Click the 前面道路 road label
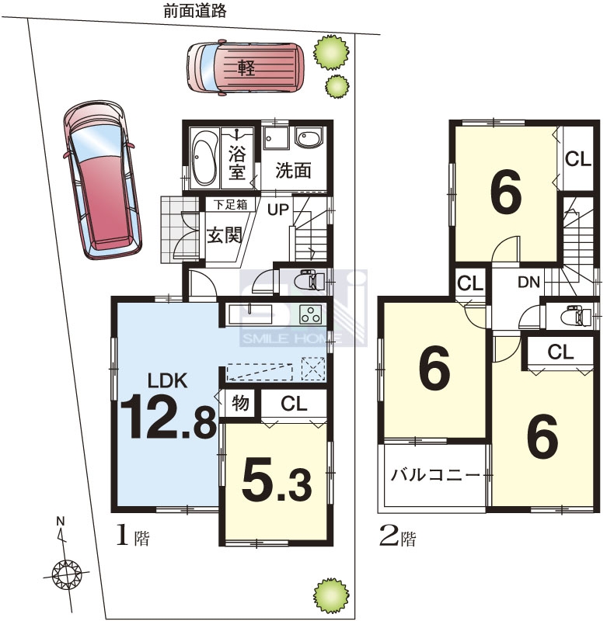pyautogui.click(x=194, y=11)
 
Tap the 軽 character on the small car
pyautogui.click(x=246, y=68)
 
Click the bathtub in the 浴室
pyautogui.click(x=204, y=158)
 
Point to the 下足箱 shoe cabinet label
pyautogui.click(x=230, y=204)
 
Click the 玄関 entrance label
pyautogui.click(x=225, y=236)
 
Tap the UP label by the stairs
pyautogui.click(x=278, y=209)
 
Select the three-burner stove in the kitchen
pyautogui.click(x=310, y=314)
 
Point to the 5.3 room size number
pyautogui.click(x=277, y=480)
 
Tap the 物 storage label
pyautogui.click(x=240, y=404)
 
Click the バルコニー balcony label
pyautogui.click(x=435, y=474)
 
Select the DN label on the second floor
pyautogui.click(x=529, y=282)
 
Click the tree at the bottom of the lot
pyautogui.click(x=331, y=595)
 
